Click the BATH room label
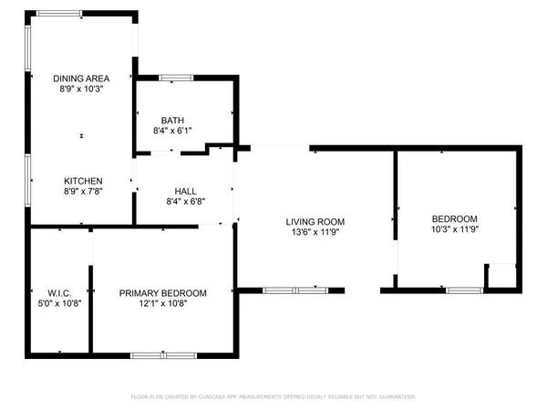173,121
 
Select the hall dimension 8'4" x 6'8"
173,202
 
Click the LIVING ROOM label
315,222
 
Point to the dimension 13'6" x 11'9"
315,234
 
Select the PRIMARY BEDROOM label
163,293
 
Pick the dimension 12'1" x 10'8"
163,305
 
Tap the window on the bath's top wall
177,78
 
